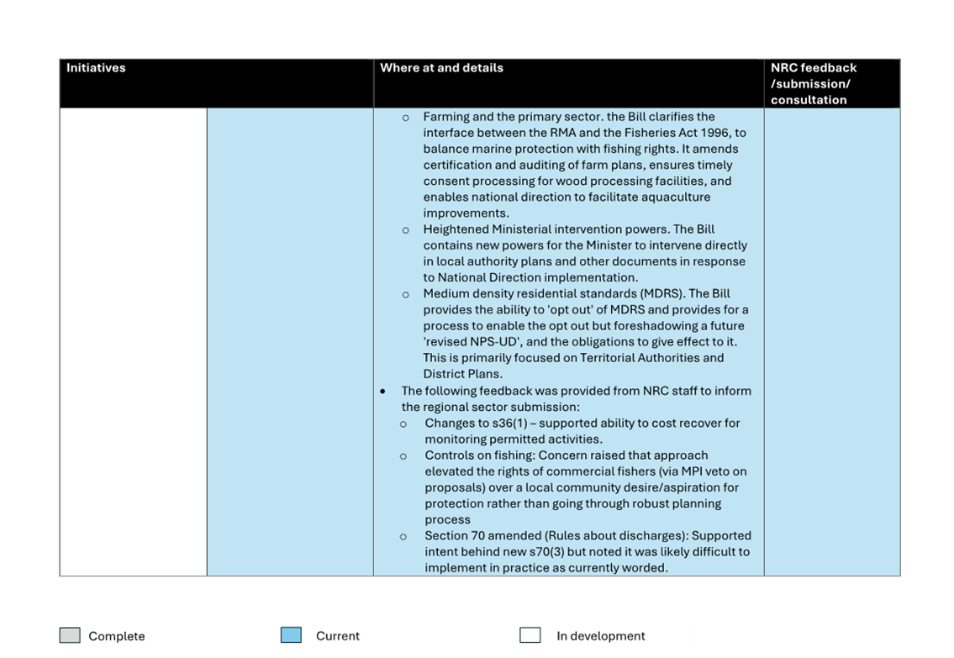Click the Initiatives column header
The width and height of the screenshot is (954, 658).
click(96, 68)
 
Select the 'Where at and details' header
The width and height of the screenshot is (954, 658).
click(441, 68)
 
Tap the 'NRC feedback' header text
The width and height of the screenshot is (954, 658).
click(813, 68)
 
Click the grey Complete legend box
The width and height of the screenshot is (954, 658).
click(70, 635)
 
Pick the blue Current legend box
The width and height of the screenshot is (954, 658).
click(291, 635)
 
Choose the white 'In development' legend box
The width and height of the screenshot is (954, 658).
click(530, 635)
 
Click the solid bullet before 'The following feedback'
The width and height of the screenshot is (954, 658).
click(383, 392)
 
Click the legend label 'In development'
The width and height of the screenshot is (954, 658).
click(600, 636)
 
